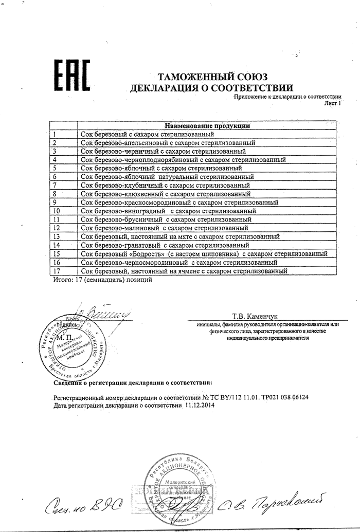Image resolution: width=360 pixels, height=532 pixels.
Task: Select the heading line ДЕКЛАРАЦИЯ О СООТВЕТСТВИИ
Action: (211, 88)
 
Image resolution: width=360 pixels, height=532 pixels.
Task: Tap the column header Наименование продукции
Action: (207, 125)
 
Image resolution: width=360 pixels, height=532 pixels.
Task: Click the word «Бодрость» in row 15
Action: (148, 254)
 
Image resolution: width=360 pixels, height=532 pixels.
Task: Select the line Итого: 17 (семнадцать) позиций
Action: (102, 281)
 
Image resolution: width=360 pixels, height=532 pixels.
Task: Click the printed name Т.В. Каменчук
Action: (255, 316)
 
